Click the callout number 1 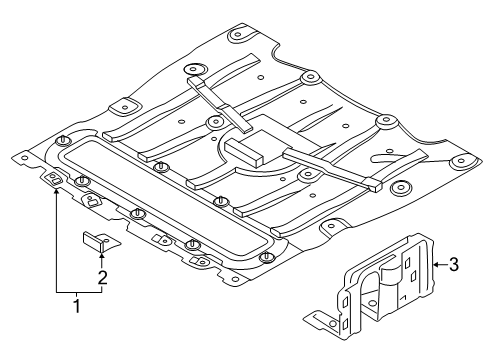coord(77,306)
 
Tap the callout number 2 coord(102,277)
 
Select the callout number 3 coord(454,264)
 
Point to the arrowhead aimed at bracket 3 coord(436,265)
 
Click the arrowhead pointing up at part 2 coord(101,256)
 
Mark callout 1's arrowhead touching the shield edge coord(56,191)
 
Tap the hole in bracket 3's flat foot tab coord(332,324)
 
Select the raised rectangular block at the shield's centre coord(246,150)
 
